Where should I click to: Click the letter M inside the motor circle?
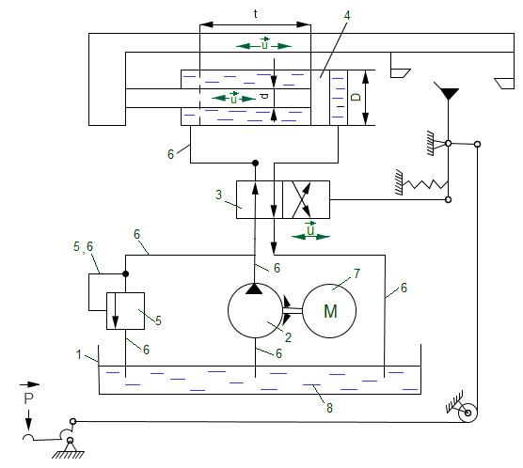330,311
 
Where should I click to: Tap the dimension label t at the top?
255,14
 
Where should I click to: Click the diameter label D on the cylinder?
357,97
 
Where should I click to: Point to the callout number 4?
347,15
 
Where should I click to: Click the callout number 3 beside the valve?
218,195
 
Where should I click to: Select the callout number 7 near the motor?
357,273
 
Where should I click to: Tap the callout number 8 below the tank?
329,408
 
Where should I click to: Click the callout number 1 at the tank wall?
79,354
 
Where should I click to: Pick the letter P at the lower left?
28,398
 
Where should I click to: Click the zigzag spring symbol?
424,184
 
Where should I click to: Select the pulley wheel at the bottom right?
468,413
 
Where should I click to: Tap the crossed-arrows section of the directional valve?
306,199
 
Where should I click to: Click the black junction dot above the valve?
255,163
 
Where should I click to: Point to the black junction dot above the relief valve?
125,274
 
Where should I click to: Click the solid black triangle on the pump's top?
254,289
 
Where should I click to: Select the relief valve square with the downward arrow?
125,311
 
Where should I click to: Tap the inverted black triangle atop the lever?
446,93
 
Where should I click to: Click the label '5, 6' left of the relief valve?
83,246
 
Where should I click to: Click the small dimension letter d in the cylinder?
264,97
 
